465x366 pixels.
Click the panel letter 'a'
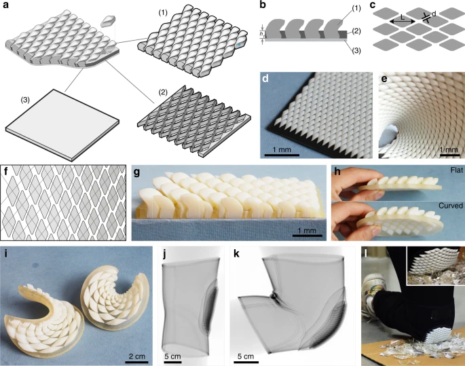5,5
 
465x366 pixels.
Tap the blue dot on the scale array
240,45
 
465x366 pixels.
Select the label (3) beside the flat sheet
25,100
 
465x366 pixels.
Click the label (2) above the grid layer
163,92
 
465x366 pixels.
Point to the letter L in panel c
403,18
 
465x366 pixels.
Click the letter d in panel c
434,14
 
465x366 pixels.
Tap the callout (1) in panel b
356,9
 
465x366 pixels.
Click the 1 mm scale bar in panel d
282,155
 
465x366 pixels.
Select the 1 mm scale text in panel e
449,149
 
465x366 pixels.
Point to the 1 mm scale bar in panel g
308,236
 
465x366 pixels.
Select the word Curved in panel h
451,206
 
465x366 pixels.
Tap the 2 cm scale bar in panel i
136,362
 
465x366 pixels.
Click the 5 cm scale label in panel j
172,356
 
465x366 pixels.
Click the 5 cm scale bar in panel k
246,362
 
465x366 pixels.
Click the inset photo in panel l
435,266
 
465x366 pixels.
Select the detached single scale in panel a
108,21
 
